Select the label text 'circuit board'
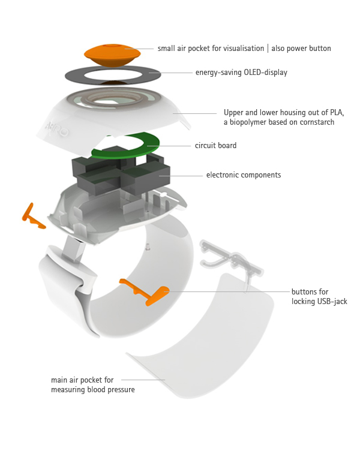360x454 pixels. tap(215, 145)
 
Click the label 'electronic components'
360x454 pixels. tap(244, 175)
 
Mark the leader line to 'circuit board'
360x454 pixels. tap(175, 145)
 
